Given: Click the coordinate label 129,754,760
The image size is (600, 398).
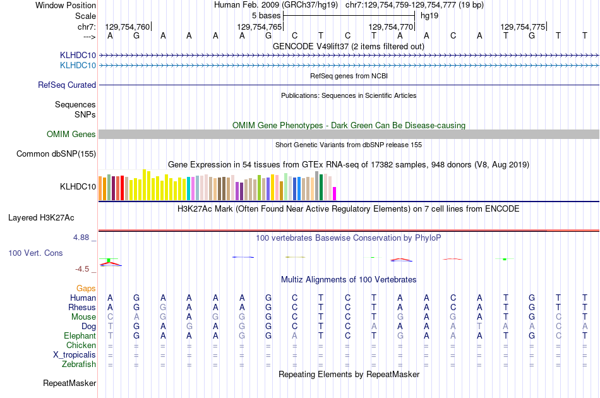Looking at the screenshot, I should (x=128, y=27).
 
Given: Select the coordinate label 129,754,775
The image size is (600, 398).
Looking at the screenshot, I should (x=522, y=27).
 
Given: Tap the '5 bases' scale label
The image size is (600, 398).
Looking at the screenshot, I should (x=266, y=15).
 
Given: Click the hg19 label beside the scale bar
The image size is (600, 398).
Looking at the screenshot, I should (x=429, y=15).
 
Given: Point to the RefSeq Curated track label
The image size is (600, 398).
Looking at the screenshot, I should (x=67, y=85).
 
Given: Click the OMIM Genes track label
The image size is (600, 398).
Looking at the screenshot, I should (x=71, y=134).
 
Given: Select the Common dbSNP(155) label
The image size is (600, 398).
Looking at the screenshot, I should (x=56, y=154).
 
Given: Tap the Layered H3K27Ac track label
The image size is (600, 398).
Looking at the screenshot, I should (x=41, y=218).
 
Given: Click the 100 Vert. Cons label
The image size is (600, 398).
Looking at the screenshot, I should (x=35, y=253).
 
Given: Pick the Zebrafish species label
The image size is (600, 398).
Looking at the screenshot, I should (x=79, y=364).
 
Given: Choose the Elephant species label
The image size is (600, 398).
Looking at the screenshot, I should (x=80, y=335).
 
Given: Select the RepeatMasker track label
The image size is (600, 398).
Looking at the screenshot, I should (x=69, y=383).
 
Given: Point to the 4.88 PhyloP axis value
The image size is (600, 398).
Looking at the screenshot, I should (x=82, y=238).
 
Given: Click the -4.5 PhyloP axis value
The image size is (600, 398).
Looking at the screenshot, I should (x=83, y=268).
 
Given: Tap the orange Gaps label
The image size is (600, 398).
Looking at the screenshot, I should (x=86, y=288).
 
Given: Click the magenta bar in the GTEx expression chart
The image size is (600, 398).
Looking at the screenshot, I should (x=335, y=193).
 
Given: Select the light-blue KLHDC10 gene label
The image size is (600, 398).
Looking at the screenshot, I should (x=78, y=65).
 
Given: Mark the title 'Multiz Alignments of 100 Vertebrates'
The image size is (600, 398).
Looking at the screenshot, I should (x=349, y=279).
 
